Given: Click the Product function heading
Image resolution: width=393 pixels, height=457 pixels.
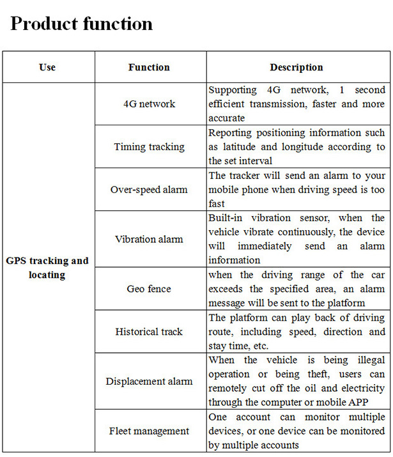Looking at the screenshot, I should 82,24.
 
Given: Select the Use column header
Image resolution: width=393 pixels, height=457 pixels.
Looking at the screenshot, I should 47,67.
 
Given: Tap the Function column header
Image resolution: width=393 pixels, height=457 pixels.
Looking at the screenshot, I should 149,67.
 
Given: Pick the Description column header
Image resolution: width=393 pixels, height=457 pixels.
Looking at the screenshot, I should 297,67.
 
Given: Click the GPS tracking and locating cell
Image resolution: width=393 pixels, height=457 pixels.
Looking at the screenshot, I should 47,268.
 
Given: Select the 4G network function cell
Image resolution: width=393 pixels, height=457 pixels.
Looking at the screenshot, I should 149,104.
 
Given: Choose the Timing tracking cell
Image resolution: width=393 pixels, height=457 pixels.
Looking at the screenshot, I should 149,147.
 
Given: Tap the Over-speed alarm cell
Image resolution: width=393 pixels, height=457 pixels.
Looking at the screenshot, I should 149,190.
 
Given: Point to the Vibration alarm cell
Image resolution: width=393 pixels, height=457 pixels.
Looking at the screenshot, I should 149,240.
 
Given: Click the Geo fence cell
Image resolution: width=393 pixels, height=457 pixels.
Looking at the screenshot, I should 149,289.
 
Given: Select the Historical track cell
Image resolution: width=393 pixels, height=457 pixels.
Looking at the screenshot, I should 149,332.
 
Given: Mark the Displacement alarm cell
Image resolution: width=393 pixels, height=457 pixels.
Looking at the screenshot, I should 149,382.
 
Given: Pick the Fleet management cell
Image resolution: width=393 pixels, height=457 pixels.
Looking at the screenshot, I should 149,431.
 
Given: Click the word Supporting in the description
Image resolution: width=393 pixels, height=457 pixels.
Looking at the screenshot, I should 233,90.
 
